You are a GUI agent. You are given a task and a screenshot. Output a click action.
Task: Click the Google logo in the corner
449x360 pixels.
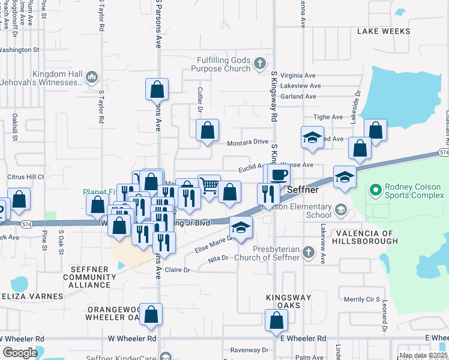19,352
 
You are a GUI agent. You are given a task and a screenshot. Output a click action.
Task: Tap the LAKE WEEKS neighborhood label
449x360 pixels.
384,31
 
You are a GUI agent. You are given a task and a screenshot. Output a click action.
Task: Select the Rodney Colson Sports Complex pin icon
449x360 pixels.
376,191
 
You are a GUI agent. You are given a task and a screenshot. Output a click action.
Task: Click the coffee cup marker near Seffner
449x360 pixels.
278,175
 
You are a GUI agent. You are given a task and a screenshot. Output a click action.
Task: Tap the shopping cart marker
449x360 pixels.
209,186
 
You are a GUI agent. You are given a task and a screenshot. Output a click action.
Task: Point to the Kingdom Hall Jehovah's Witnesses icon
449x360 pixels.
92,77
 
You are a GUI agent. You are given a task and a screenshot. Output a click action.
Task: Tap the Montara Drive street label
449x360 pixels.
247,143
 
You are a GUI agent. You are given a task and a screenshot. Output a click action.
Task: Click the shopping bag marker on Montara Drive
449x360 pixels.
207,130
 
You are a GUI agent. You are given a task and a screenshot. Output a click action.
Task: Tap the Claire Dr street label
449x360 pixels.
177,270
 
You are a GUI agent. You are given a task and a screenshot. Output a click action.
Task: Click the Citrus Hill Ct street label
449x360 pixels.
25,178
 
